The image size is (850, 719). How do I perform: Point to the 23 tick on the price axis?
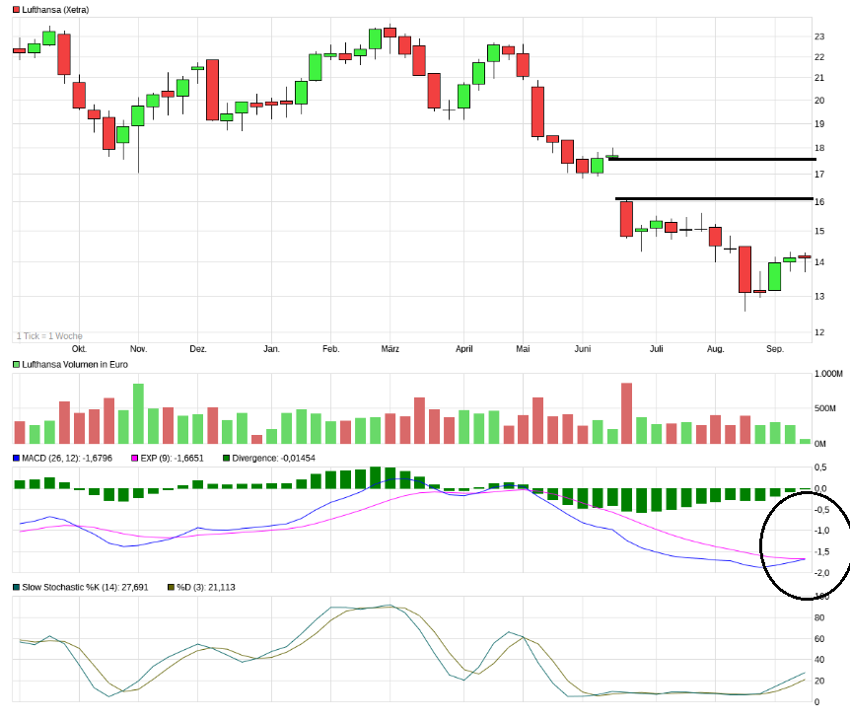(819, 36)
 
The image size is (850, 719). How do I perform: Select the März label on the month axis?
(390, 349)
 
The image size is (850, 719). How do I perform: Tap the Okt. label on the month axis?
(79, 349)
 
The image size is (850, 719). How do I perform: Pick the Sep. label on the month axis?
(775, 349)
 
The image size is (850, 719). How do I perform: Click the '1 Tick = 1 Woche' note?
(49, 335)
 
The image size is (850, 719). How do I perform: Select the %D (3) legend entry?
(202, 587)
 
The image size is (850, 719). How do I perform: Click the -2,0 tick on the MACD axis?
(820, 573)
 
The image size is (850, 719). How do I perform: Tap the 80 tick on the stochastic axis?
(817, 618)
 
